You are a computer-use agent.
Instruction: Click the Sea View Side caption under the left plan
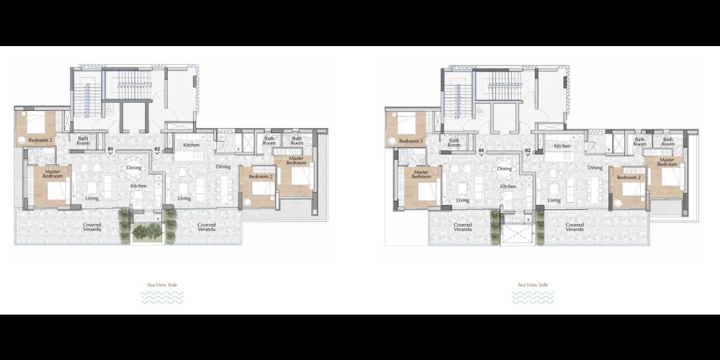click(162, 284)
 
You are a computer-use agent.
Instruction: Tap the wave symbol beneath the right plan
click(533, 297)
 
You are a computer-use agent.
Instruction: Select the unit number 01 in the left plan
click(110, 149)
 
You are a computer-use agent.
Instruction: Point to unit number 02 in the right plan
click(528, 150)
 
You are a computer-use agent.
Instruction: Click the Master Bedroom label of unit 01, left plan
click(53, 174)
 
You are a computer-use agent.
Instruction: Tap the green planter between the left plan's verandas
click(147, 233)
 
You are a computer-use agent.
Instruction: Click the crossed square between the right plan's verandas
click(518, 234)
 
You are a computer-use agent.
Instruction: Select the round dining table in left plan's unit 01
click(134, 168)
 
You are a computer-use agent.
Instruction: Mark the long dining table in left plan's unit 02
click(224, 189)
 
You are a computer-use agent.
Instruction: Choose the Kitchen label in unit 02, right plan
click(562, 146)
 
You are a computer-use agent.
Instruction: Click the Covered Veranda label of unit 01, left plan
click(92, 227)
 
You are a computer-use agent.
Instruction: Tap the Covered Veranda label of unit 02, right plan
click(575, 227)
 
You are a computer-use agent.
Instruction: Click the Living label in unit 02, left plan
click(184, 199)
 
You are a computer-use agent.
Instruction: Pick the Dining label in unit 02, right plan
click(595, 168)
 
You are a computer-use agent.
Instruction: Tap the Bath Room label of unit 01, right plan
click(454, 143)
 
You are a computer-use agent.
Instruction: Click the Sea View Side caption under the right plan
click(533, 284)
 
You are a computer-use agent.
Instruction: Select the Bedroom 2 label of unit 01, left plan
click(40, 140)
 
